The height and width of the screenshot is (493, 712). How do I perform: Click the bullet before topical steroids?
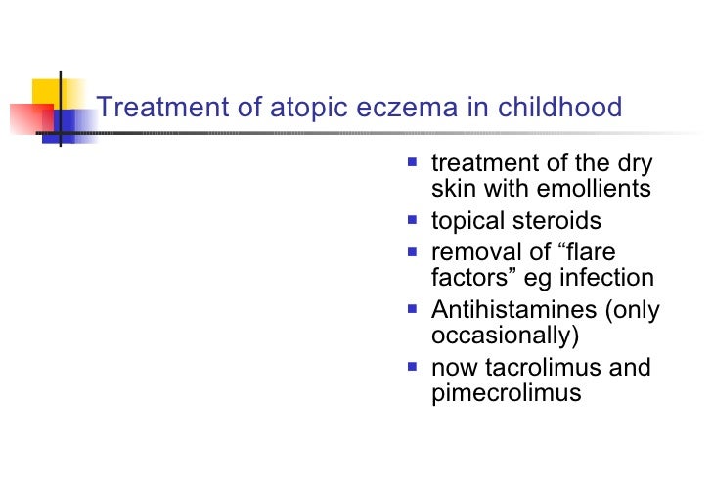414,221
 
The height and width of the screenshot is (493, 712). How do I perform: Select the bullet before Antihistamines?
414,310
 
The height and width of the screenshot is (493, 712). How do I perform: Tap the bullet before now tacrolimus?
414,368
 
